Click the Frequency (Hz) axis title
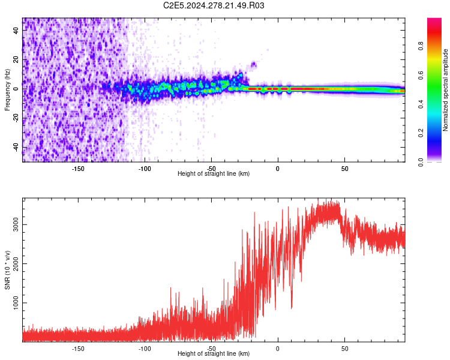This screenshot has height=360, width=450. (x=7, y=89)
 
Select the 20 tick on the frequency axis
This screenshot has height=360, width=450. (x=16, y=60)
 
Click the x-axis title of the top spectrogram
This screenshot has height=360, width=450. (x=214, y=173)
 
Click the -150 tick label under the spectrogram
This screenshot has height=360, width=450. (x=78, y=168)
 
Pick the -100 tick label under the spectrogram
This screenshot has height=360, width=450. (x=145, y=168)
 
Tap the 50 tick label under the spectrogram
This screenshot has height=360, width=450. (x=344, y=168)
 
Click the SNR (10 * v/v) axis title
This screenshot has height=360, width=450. (x=7, y=269)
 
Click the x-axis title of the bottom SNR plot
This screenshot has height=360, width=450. (x=214, y=353)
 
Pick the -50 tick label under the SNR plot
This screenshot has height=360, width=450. (x=211, y=348)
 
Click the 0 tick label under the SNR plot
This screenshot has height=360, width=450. (x=278, y=348)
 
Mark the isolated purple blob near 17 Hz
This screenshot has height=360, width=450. (x=254, y=64)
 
